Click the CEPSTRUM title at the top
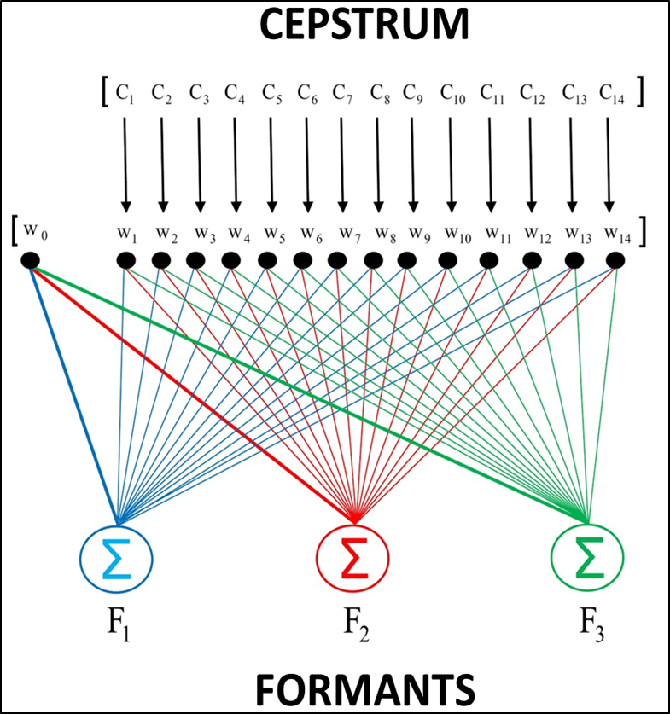point(364,26)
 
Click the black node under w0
point(30,260)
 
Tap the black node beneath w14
point(615,259)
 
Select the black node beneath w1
point(125,259)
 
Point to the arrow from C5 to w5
point(271,162)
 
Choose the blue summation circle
point(117,560)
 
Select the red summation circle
point(352,560)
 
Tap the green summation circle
point(587,560)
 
